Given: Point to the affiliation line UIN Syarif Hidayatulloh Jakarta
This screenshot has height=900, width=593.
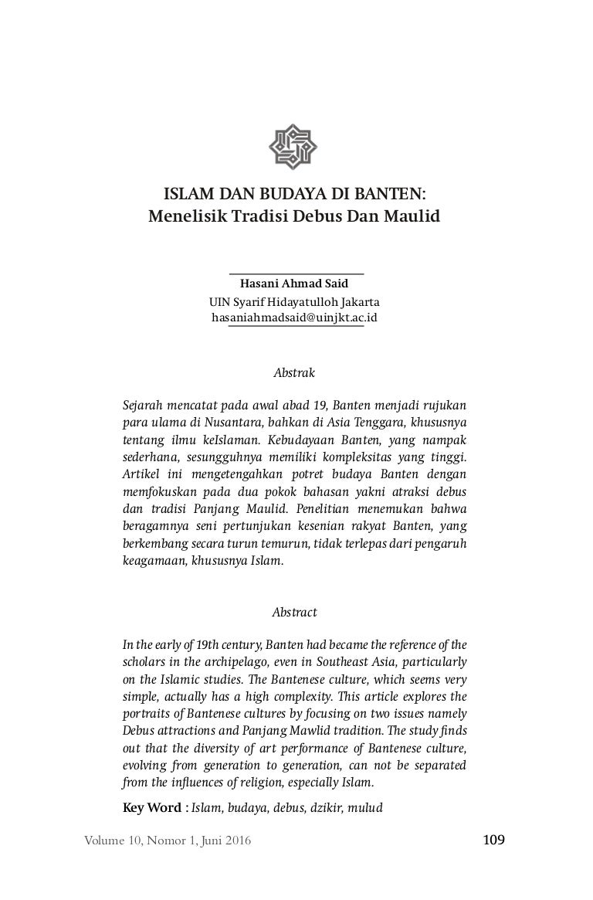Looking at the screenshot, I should [296, 301].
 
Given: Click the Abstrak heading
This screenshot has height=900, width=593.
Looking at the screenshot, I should [295, 372].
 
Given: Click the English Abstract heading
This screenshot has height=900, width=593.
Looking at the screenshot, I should [295, 612].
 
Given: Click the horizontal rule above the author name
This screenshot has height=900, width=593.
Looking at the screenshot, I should [296, 273].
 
